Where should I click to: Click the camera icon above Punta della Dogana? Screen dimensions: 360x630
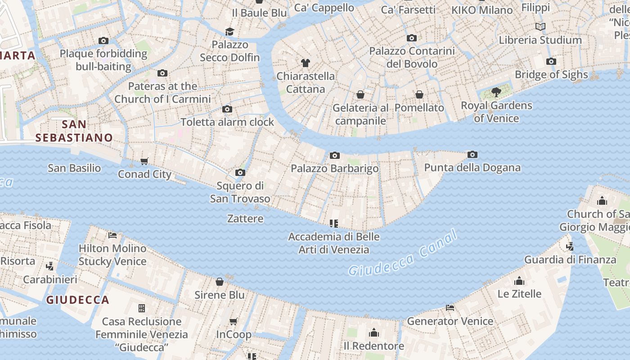coord(472,155)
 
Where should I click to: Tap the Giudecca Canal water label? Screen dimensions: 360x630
coord(403,253)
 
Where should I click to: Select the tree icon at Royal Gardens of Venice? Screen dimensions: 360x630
coord(496,93)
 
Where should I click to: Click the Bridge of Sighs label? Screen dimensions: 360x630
coord(551,75)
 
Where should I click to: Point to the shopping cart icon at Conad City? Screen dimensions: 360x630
coord(144,161)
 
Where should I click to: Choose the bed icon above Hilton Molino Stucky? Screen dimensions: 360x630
coord(112,235)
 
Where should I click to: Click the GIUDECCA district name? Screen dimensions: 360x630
coord(78,300)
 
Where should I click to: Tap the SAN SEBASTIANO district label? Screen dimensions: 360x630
coord(74,131)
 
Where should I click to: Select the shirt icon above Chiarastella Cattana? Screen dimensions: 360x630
coord(306,63)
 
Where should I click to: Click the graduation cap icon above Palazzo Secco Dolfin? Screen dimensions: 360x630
coord(230,31)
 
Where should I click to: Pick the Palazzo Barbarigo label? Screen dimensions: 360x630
coord(334,168)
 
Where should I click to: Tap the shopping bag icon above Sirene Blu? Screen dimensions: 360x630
coord(220,282)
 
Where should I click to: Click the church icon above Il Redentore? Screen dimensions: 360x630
coord(373,333)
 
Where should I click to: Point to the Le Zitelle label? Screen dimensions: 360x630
coord(519,294)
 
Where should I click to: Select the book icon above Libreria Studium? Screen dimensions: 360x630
coord(540,27)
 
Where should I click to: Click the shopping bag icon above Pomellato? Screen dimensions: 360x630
coord(419,94)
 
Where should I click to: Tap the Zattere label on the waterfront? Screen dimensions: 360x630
coord(245,219)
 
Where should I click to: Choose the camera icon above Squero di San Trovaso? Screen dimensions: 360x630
coord(240,173)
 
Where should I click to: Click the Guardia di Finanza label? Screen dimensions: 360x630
coord(570,260)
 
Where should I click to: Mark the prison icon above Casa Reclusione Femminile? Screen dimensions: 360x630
coord(142,308)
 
